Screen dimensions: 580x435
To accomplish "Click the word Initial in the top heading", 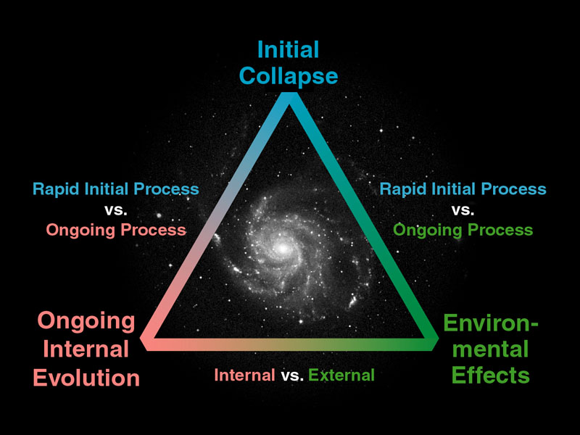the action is coord(288,49).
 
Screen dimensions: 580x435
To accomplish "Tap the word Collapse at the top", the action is coord(289,77).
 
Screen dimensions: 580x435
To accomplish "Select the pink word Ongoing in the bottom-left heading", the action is coord(86,320).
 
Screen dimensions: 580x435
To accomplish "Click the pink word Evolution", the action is coord(86,378).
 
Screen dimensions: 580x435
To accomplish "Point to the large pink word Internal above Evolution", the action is coord(86,349).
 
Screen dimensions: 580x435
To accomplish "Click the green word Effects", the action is coord(491,375).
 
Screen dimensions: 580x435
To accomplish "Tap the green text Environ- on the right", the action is coord(491,323).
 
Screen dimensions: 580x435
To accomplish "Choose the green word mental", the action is coord(491,349).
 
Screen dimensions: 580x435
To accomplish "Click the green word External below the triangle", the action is coord(341,375).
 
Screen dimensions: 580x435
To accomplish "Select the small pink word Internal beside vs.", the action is coord(244,375).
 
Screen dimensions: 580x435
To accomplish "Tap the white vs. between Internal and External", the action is coord(292,376).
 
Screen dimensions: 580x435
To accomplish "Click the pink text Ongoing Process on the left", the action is coord(116,231).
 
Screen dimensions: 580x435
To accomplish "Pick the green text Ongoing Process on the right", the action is coord(463,231).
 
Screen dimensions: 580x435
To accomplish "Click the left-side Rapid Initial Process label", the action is coord(116,188).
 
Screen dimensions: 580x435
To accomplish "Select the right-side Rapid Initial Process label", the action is coord(463,188).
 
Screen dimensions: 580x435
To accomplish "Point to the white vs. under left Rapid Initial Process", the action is coord(116,210).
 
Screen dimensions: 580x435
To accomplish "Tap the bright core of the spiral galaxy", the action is coord(283,248).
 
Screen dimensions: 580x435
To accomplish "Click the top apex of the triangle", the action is coord(289,93).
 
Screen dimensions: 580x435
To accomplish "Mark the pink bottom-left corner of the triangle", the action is coord(141,338).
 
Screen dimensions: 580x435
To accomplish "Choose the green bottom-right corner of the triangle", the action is coord(438,338).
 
